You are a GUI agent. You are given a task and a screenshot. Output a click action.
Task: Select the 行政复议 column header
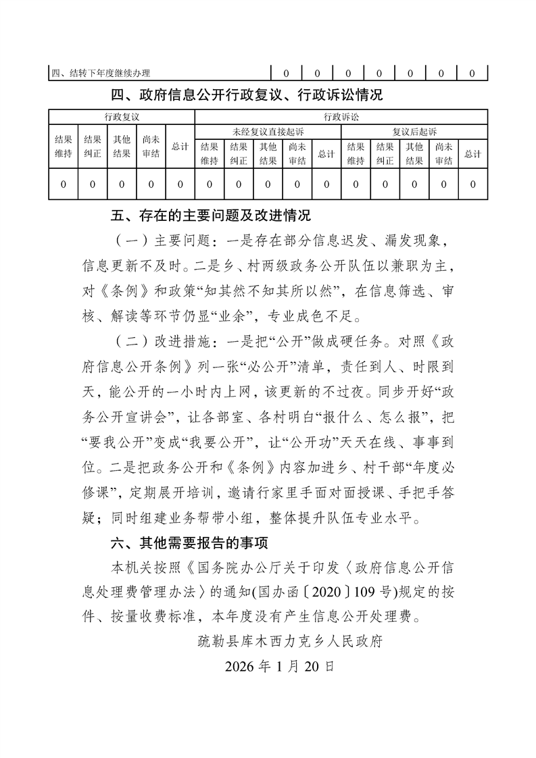point(122,117)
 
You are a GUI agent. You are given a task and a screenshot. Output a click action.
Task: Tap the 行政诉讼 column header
point(341,117)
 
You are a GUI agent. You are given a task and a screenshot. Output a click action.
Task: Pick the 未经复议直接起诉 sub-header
point(268,131)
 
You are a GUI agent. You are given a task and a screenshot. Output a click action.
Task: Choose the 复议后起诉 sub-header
point(414,131)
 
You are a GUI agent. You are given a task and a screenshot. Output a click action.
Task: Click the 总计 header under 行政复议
point(180,147)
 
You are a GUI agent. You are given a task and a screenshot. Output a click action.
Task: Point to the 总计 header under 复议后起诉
point(472,153)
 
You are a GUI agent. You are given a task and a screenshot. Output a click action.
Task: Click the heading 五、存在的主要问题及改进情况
point(210,217)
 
